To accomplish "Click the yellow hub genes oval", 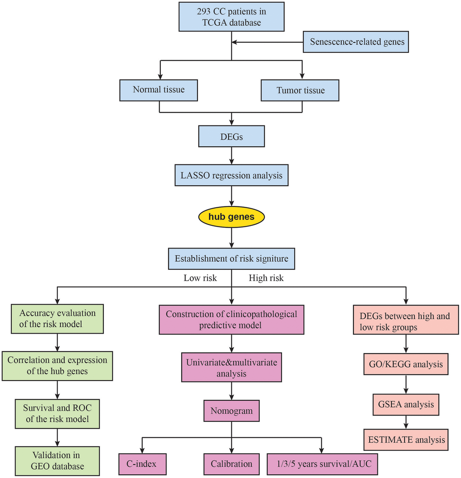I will coord(231,217).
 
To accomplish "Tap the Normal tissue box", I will coord(159,90).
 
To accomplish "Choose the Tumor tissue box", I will coord(301,90).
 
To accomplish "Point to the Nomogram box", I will coord(231,411).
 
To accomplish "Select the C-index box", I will coord(142,464).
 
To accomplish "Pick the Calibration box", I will coord(231,464).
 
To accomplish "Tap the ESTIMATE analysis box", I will coord(406,440).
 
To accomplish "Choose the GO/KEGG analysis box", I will coord(406,363).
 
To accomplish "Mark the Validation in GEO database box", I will coord(57,461).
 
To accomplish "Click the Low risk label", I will coord(200,278).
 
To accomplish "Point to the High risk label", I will coord(266,278).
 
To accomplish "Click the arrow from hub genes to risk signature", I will coord(231,238).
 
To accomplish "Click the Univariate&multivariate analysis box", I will coord(231,368).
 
